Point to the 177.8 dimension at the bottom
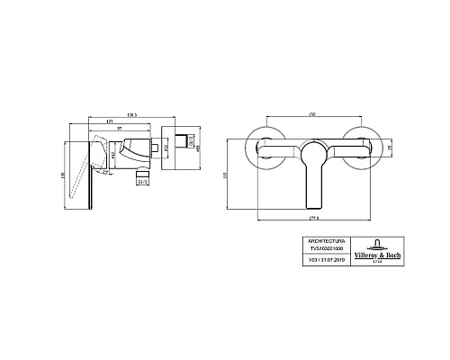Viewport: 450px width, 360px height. pyautogui.click(x=311, y=215)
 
